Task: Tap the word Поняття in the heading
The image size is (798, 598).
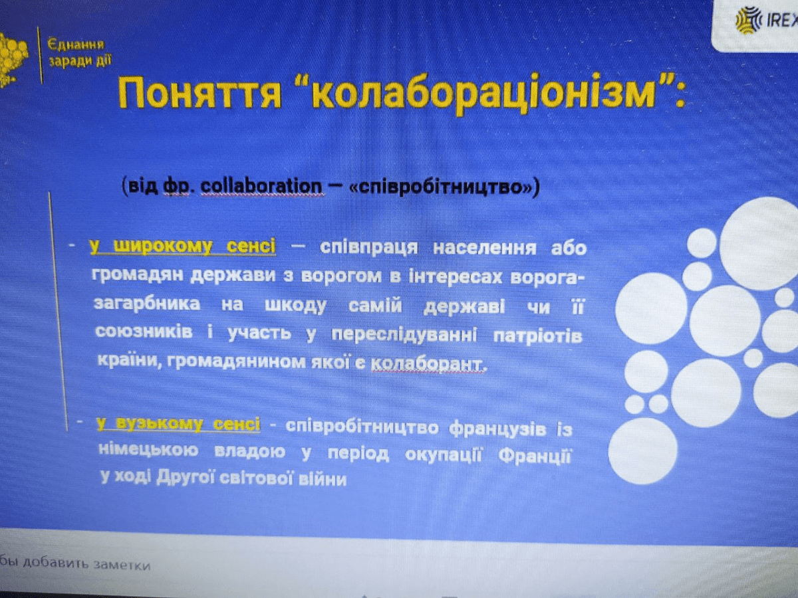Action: pyautogui.click(x=199, y=92)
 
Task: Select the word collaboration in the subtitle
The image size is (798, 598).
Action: pyautogui.click(x=261, y=186)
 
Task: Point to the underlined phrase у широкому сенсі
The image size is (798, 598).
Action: pyautogui.click(x=182, y=246)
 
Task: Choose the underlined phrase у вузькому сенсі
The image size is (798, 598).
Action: pyautogui.click(x=178, y=424)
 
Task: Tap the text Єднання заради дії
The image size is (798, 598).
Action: pyautogui.click(x=80, y=53)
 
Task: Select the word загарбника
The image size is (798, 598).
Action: pyautogui.click(x=147, y=304)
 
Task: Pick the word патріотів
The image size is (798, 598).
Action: pyautogui.click(x=538, y=336)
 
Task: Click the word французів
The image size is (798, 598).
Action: pyautogui.click(x=497, y=429)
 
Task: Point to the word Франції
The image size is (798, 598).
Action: pyautogui.click(x=535, y=455)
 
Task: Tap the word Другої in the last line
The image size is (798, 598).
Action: pyautogui.click(x=186, y=477)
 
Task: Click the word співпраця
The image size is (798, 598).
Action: pyautogui.click(x=368, y=248)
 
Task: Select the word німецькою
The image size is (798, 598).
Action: pyautogui.click(x=148, y=450)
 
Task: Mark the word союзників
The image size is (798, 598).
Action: pyautogui.click(x=144, y=332)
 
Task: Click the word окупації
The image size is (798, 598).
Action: pyautogui.click(x=443, y=454)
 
